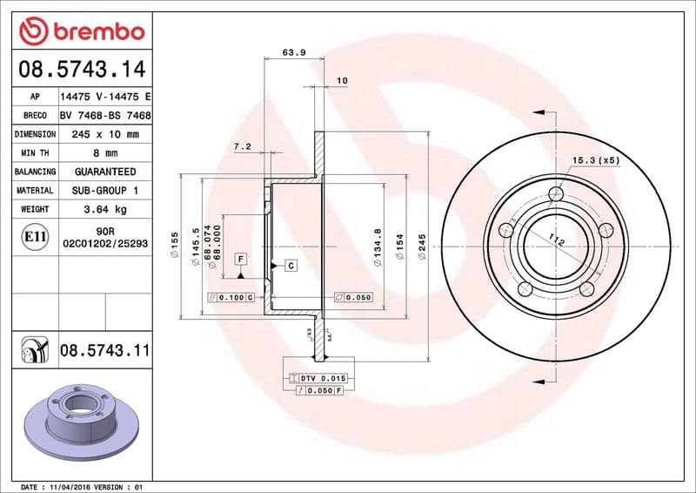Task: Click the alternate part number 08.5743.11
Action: pos(104,350)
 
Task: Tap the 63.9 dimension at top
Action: pos(294,52)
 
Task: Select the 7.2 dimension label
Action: pos(242,146)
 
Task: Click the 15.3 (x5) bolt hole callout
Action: pos(596,160)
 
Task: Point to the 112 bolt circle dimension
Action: pos(557,240)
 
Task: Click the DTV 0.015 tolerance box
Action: pos(318,378)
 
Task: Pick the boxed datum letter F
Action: pos(239,259)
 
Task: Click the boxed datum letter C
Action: pos(290,265)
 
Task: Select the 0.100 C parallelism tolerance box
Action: pos(231,298)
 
